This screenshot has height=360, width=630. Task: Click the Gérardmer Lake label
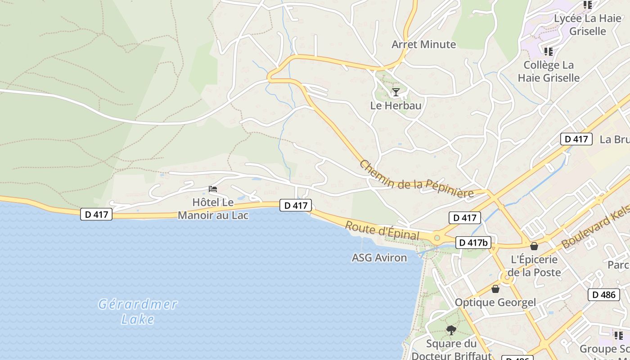(x=138, y=311)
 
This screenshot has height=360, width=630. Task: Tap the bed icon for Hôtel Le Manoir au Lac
(x=213, y=189)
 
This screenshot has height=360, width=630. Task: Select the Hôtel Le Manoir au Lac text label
(x=213, y=209)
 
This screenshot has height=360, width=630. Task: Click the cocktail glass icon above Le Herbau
(x=396, y=92)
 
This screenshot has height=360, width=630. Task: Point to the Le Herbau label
(x=396, y=105)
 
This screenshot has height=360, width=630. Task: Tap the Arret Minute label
(x=423, y=44)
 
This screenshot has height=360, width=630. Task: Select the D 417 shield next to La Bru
(x=576, y=139)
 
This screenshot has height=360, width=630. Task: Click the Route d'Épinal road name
(x=382, y=230)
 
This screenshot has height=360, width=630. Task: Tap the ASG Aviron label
(x=379, y=258)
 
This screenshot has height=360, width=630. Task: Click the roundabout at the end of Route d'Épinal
(x=436, y=238)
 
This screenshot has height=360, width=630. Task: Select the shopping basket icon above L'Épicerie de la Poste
(x=534, y=246)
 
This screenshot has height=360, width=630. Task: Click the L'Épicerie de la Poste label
(x=534, y=266)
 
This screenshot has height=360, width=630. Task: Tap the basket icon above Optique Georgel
(x=495, y=289)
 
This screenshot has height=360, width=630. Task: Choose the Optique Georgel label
(x=495, y=302)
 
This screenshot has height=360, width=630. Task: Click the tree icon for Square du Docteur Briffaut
(x=451, y=331)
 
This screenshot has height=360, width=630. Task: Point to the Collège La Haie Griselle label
(x=549, y=71)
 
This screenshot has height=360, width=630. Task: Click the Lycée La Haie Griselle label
(x=587, y=25)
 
